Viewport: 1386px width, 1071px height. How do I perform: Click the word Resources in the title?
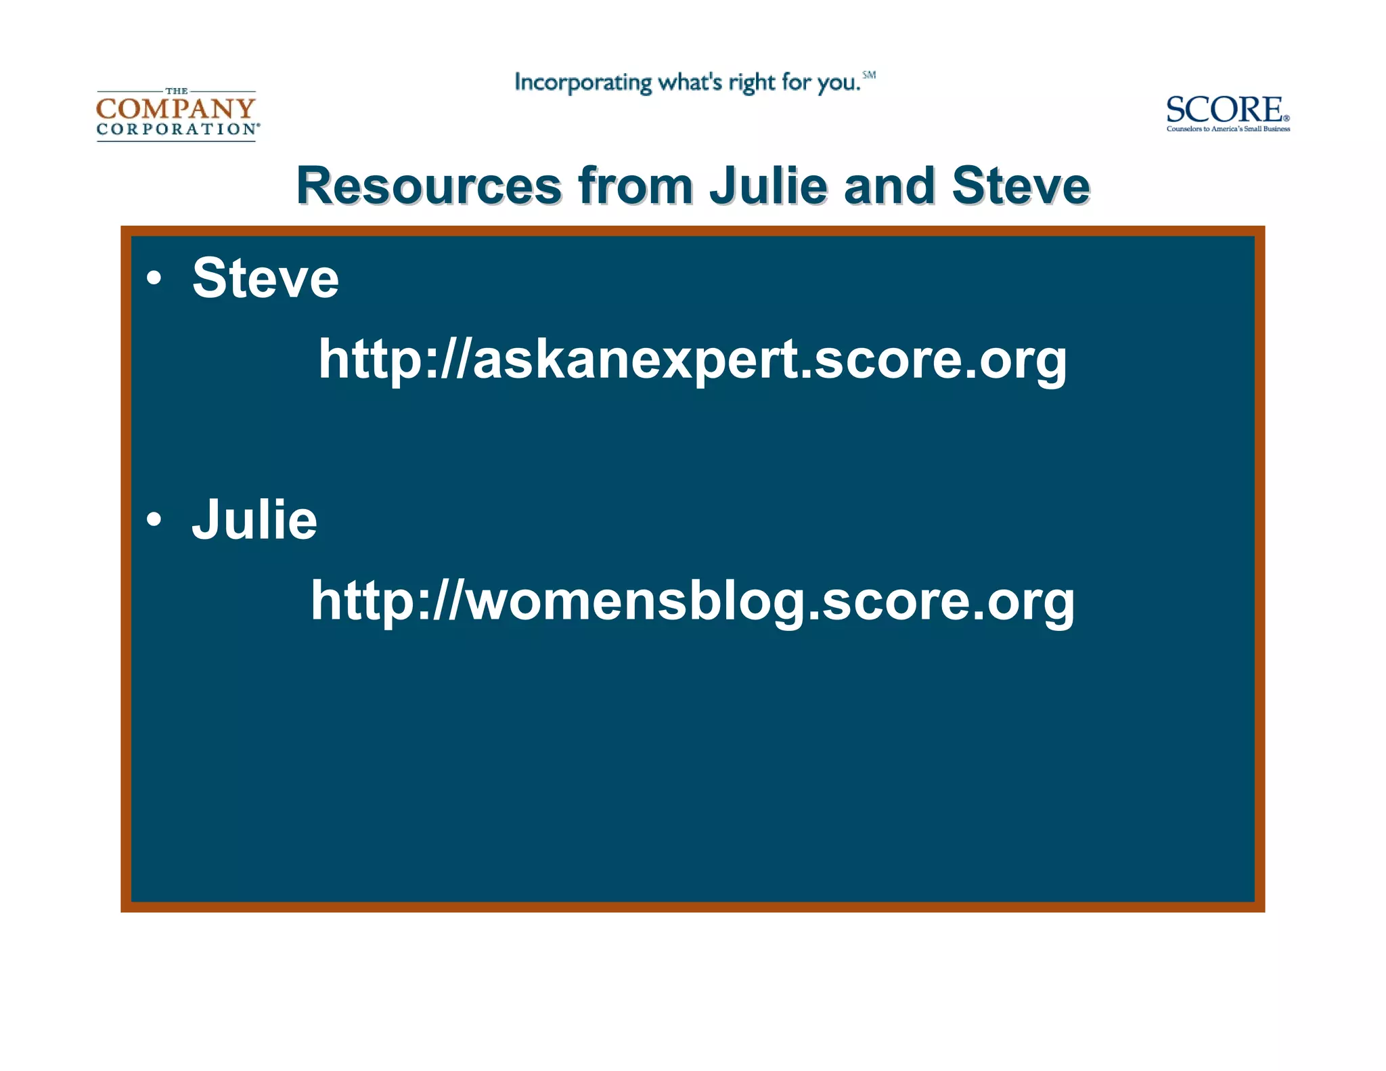pos(429,185)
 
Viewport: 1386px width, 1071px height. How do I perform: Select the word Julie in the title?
pos(769,185)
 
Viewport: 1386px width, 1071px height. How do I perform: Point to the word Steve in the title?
pos(1021,185)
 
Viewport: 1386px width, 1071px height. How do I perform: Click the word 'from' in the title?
pos(635,185)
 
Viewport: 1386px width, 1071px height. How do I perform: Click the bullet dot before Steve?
pos(154,278)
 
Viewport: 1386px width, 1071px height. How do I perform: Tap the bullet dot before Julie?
pos(154,519)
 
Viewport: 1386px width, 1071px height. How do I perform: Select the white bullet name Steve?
pos(265,278)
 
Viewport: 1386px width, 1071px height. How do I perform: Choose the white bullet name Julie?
pos(254,519)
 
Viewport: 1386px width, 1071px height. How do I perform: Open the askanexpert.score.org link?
pos(692,359)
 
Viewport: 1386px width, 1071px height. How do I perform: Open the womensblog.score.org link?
pos(692,600)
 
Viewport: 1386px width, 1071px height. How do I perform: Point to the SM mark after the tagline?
pos(869,75)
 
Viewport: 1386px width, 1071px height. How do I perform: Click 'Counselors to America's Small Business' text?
pos(1228,129)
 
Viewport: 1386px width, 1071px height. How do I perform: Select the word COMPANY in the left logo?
pos(176,108)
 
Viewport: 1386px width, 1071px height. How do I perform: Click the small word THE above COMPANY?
pos(177,91)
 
